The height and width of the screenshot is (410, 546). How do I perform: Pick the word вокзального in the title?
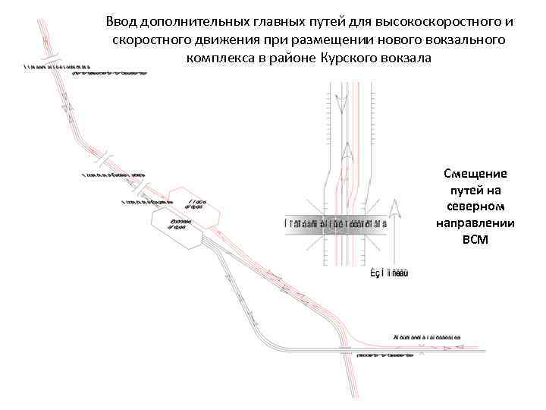(465, 39)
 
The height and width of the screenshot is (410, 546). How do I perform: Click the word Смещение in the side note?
(475, 173)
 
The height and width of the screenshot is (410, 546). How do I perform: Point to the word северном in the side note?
(475, 207)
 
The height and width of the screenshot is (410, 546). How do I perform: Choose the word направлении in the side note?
(475, 223)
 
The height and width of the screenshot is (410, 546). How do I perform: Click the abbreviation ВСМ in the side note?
(475, 240)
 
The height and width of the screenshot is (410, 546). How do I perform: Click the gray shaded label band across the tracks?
(336, 223)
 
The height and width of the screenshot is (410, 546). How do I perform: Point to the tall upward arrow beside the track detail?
(394, 228)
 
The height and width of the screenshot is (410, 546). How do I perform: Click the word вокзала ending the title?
(409, 57)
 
